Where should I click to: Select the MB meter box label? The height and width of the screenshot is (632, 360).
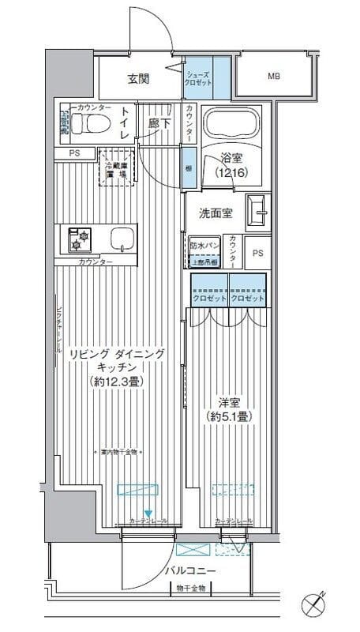(x=273, y=77)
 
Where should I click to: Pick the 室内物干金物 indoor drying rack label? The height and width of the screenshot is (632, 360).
(x=119, y=453)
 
